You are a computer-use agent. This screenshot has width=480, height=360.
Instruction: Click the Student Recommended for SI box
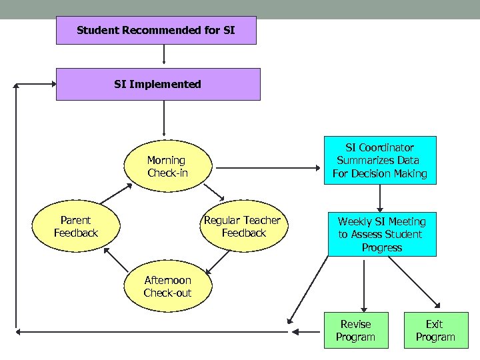(x=155, y=31)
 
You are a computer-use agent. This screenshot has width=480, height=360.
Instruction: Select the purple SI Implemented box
(x=157, y=84)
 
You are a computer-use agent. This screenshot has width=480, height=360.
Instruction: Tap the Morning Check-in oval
(x=167, y=167)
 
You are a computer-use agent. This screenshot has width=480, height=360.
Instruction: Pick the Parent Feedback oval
(x=75, y=227)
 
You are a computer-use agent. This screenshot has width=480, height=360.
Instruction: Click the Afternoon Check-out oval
(x=167, y=287)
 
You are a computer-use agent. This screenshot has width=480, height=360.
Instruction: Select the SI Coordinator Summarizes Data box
(x=379, y=161)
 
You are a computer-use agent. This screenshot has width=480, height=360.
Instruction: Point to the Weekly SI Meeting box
(x=381, y=234)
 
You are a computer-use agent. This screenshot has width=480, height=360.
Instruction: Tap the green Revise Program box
(x=355, y=331)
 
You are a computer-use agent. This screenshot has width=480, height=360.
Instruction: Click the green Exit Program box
(x=435, y=331)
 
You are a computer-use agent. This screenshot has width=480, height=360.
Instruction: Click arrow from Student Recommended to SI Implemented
(x=164, y=56)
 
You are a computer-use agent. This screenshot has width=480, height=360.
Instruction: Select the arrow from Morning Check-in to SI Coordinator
(x=267, y=167)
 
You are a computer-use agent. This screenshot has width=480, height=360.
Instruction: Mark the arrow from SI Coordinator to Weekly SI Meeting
(x=380, y=198)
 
